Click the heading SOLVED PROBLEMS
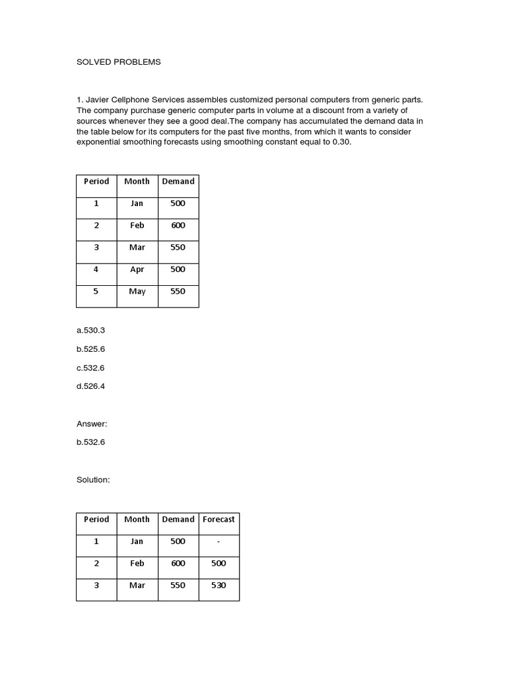pyautogui.click(x=118, y=62)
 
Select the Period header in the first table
pyautogui.click(x=96, y=181)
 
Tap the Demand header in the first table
pyautogui.click(x=178, y=181)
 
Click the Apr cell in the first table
pyautogui.click(x=137, y=269)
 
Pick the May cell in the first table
pyautogui.click(x=137, y=291)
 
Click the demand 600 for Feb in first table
pyautogui.click(x=178, y=225)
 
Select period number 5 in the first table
pyautogui.click(x=96, y=291)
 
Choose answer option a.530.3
pyautogui.click(x=90, y=329)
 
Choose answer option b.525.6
pyautogui.click(x=90, y=349)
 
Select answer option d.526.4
pyautogui.click(x=90, y=386)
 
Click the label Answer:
pyautogui.click(x=92, y=424)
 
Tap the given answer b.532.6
pyautogui.click(x=90, y=442)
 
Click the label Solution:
pyautogui.click(x=93, y=480)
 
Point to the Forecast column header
pyautogui.click(x=219, y=520)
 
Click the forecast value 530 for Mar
pyautogui.click(x=219, y=586)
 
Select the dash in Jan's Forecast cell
pyautogui.click(x=219, y=541)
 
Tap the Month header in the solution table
pyautogui.click(x=137, y=520)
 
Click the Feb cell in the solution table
pyautogui.click(x=137, y=563)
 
